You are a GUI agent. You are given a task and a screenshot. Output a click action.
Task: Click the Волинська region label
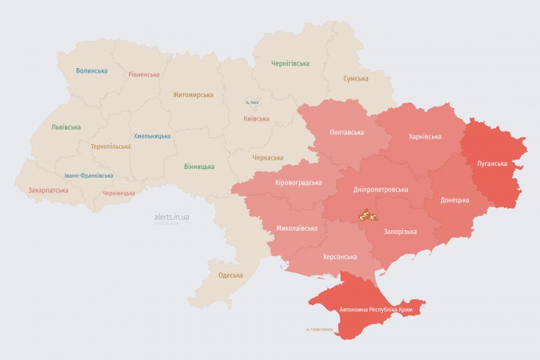tap(92, 70)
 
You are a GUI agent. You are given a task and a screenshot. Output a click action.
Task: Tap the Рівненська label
tap(144, 75)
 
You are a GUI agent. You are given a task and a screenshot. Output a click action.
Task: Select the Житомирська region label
tap(193, 95)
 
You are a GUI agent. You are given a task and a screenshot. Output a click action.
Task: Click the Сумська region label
tap(356, 79)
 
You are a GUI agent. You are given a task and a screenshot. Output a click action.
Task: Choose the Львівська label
tap(66, 127)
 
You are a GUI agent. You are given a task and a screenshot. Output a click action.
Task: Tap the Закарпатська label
tap(48, 190)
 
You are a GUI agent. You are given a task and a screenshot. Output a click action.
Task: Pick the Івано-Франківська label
tap(88, 176)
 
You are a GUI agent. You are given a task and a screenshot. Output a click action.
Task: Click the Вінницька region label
tap(199, 167)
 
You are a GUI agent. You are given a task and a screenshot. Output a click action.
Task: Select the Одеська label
tap(230, 275)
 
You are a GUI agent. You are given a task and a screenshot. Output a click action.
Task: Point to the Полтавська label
tap(347, 132)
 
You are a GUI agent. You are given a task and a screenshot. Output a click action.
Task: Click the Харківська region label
tap(424, 136)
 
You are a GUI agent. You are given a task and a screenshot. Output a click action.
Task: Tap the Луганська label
tap(492, 164)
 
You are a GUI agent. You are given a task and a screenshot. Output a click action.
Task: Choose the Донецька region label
tap(455, 200)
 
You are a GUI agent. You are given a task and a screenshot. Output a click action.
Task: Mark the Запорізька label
tap(400, 232)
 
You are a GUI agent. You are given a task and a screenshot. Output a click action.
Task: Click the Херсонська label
tap(340, 257)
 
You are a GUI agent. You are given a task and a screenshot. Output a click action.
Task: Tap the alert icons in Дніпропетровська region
tap(369, 214)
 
